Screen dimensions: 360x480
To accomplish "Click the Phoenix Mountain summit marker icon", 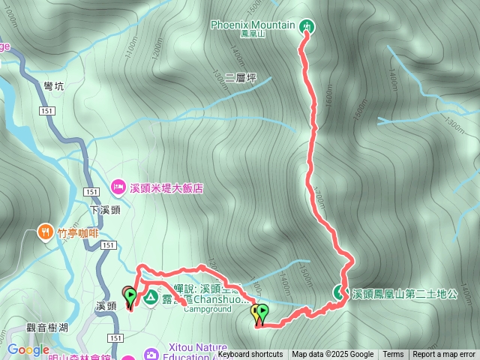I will (x=307, y=27).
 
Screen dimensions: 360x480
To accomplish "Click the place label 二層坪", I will (x=240, y=76).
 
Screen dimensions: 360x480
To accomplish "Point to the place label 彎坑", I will (x=54, y=86).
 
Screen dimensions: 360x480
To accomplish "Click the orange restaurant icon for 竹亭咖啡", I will (x=46, y=232).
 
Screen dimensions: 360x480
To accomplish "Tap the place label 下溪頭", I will (x=105, y=210).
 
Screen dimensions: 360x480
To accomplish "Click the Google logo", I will (x=28, y=349).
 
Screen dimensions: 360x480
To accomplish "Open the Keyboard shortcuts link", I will (x=250, y=355).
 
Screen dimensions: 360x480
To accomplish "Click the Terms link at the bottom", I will (x=393, y=355).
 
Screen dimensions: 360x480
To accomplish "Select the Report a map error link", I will (x=444, y=355).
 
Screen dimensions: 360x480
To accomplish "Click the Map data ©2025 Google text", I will (x=332, y=355).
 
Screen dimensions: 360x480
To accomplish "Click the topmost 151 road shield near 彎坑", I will (x=46, y=111).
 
